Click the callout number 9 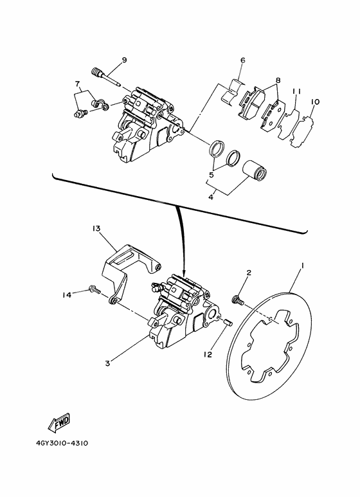[x=124, y=60]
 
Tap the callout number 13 [x=96, y=228]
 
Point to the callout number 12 [x=208, y=355]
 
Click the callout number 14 [x=67, y=295]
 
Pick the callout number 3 [x=108, y=363]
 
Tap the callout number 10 [x=315, y=102]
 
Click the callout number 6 [x=243, y=60]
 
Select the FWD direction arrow [x=59, y=422]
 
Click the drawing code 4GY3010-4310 [x=62, y=443]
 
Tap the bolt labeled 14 [x=94, y=289]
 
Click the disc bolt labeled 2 [x=238, y=300]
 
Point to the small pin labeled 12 [x=229, y=322]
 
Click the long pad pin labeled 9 [x=105, y=77]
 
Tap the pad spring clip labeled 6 [x=233, y=92]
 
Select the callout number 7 [x=77, y=84]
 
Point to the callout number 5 [x=211, y=175]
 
